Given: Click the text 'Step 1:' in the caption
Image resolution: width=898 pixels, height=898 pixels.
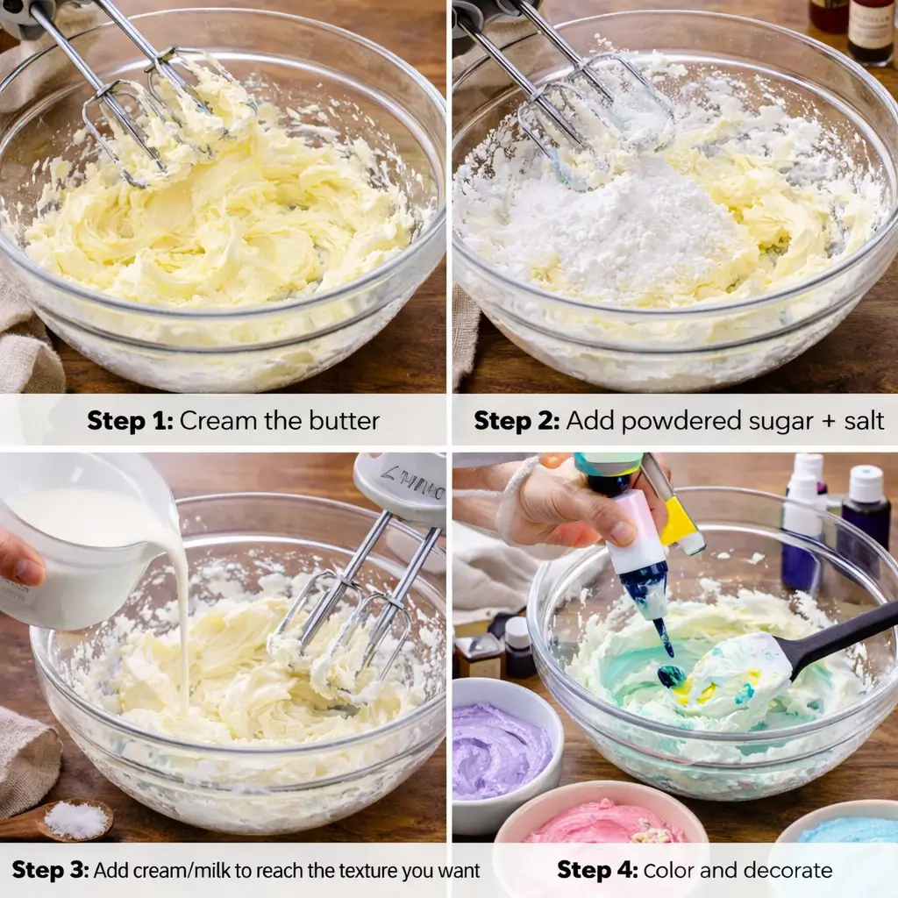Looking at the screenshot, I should coord(130,421).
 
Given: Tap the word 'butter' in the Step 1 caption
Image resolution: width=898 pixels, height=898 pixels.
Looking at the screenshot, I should coord(342,421).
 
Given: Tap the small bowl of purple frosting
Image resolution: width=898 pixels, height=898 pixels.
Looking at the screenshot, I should coord(502,750).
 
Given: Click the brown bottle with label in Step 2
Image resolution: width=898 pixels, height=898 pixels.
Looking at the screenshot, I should coord(871,31).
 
